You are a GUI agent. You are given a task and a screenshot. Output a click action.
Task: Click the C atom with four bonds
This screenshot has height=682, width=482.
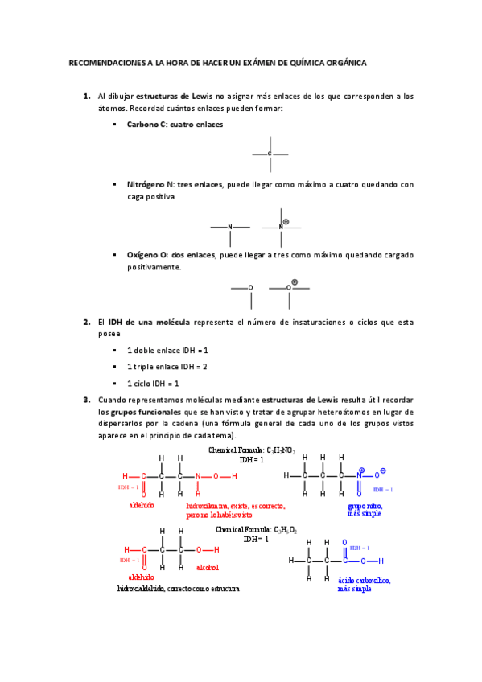(270, 154)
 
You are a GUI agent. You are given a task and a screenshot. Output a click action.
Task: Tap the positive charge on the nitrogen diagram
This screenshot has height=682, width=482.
(286, 220)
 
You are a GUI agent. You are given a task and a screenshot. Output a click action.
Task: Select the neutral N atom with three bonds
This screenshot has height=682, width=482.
(230, 228)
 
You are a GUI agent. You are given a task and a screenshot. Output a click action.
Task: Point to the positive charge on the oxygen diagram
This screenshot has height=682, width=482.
(295, 281)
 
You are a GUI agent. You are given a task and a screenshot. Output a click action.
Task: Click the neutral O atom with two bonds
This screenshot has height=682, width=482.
(250, 287)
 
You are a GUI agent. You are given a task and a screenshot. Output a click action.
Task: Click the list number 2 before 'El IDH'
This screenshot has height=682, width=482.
(86, 323)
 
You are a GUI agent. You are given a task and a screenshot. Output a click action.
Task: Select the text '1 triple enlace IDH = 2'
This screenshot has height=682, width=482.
(167, 367)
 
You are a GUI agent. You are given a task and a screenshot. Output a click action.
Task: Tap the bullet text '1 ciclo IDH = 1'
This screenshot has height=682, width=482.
(153, 384)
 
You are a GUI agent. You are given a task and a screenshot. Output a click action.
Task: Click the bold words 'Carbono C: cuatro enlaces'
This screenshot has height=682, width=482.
(175, 125)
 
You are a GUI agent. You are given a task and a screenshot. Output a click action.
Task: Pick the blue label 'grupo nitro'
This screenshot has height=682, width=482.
(365, 506)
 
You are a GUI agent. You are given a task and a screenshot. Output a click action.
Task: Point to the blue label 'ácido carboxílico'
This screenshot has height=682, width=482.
(364, 579)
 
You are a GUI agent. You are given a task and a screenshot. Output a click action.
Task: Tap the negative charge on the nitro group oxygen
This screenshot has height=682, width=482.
(383, 470)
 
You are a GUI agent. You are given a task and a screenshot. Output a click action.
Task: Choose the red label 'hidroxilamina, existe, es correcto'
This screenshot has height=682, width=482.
(236, 507)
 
